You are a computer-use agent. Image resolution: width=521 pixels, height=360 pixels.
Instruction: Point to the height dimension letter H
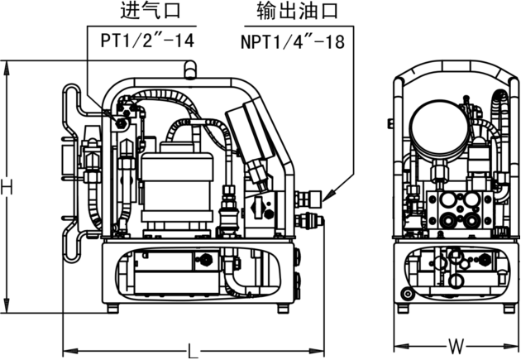pos(7,188)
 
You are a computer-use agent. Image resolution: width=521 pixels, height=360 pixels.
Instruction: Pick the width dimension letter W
pos(454,343)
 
